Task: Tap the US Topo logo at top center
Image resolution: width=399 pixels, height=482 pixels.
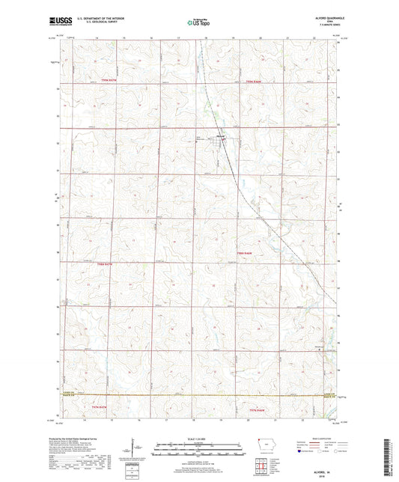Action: tap(198, 23)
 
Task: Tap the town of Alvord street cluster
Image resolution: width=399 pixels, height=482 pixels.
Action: tap(221, 136)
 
